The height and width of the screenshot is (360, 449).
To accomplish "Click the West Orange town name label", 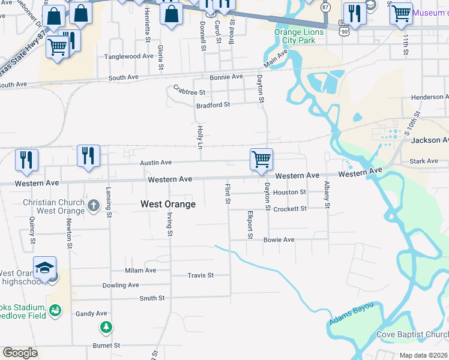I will (168, 204).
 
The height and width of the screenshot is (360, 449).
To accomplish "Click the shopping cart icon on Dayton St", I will (261, 160).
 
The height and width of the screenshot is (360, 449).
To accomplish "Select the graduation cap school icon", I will (45, 268).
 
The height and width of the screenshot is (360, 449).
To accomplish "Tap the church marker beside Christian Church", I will (93, 206).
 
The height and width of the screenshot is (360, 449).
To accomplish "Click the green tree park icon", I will (106, 327).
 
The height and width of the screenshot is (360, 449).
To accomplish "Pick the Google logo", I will (20, 353).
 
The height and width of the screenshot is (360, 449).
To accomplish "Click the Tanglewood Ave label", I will (129, 56).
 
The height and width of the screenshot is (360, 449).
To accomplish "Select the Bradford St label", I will (213, 105).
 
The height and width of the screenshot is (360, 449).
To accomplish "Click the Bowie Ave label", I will (279, 239).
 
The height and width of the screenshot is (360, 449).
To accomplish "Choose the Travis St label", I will (200, 275).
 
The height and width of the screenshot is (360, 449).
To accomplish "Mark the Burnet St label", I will (106, 346).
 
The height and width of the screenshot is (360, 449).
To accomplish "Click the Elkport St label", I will (249, 224).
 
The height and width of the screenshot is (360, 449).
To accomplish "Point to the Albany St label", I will (327, 194).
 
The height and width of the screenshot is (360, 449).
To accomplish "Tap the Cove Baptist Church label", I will (412, 334).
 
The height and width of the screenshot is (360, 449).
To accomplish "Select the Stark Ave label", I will (424, 161).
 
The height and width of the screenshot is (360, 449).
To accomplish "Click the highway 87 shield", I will (325, 7).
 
